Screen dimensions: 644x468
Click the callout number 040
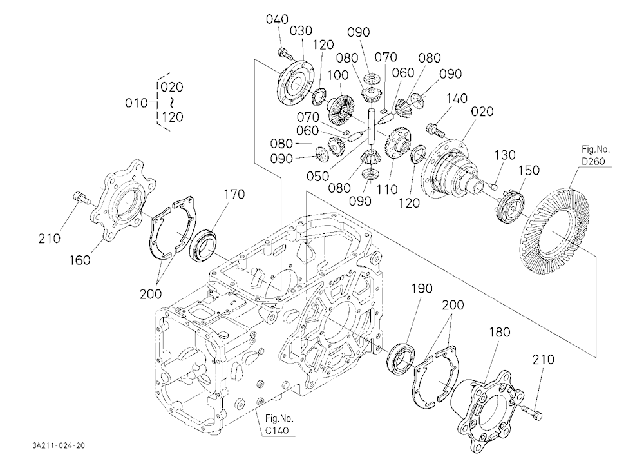pos(277,19)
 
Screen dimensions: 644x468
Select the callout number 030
pos(301,31)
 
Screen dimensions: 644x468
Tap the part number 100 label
pos(337,75)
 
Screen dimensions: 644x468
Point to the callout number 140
pos(457,98)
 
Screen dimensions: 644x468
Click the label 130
pos(505,155)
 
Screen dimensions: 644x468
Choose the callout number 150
pos(529,170)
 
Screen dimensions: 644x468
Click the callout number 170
pos(234,194)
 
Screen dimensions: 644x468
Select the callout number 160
pos(80,260)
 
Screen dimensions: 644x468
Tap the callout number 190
pos(422,288)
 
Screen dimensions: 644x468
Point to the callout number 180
pos(500,332)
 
